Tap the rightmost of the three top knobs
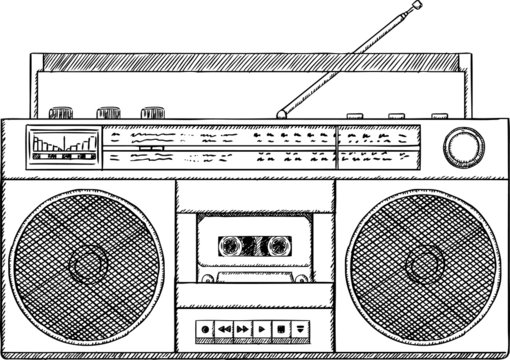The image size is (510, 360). (152, 112)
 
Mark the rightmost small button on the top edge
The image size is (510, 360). (439, 115)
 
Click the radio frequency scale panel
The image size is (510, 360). (270, 145)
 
